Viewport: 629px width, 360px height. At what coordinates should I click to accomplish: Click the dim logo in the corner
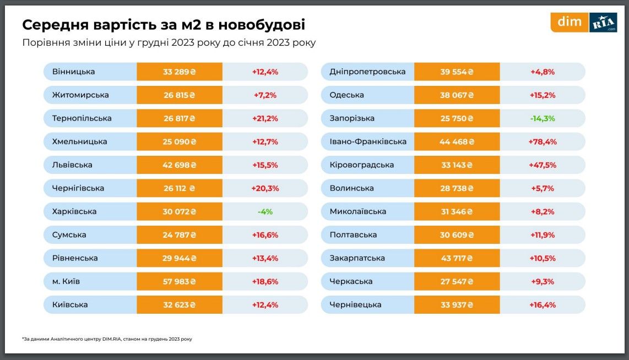click(570, 23)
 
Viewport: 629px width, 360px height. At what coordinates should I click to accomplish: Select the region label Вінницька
click(74, 72)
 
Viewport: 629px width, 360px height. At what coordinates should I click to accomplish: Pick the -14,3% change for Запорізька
click(543, 118)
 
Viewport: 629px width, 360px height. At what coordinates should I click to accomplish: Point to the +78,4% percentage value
click(543, 141)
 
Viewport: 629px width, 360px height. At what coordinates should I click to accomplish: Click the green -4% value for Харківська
click(265, 211)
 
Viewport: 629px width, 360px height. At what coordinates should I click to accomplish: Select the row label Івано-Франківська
click(368, 141)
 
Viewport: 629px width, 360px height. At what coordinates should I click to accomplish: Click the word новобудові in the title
click(262, 25)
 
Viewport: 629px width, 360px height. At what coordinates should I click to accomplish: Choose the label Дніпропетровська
click(367, 72)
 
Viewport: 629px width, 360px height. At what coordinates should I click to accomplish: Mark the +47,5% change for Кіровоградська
click(543, 165)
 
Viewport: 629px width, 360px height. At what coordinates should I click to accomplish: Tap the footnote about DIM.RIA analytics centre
click(107, 339)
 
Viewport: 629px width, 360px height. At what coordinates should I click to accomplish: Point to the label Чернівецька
click(355, 304)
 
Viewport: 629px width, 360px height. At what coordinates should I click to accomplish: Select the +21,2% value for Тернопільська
click(265, 118)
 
